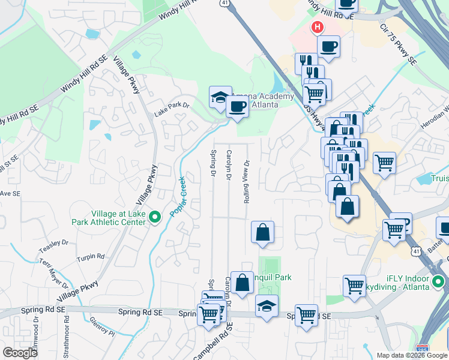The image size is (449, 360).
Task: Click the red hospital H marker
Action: pos(317,27)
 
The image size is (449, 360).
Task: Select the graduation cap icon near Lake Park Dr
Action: pos(220,97)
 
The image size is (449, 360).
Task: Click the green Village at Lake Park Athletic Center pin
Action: pos(155,217)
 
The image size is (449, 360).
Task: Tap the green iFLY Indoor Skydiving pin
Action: pos(438,281)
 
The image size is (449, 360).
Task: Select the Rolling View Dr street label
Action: pos(246,182)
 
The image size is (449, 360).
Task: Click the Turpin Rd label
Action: pos(91,257)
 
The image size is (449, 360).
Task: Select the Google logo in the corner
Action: pos(20,353)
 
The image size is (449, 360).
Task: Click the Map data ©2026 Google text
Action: pos(411,355)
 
